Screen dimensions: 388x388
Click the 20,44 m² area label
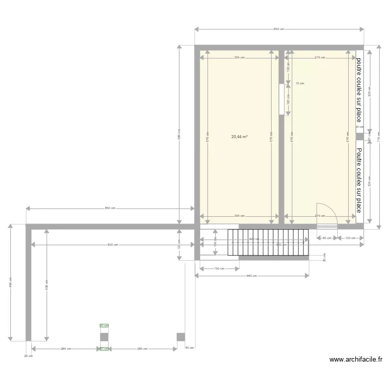tap(239, 137)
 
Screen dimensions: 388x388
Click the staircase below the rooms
tap(268, 242)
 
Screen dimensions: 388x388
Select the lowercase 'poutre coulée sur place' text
tap(359, 90)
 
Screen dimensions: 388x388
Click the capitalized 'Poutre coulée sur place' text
tap(359, 180)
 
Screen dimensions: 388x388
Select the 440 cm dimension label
tap(252, 276)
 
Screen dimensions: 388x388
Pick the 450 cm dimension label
tap(10, 283)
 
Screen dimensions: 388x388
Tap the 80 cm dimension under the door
tap(327, 238)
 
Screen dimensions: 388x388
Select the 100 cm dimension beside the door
tap(350, 238)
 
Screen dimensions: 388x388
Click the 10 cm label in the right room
tap(300, 83)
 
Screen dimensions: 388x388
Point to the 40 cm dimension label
tap(190, 348)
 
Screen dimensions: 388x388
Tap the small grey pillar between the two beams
tap(360, 136)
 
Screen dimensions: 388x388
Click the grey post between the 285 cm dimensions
tap(104, 337)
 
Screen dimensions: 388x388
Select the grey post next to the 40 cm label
tap(181, 337)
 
